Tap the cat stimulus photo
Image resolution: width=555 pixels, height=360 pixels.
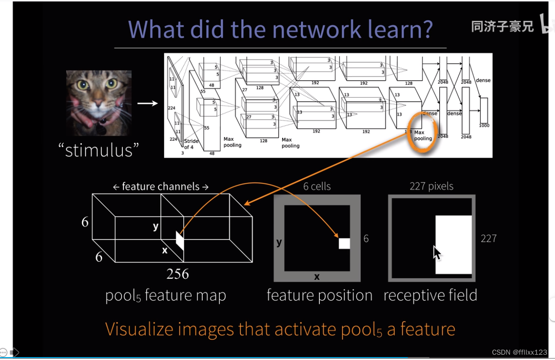tap(99, 103)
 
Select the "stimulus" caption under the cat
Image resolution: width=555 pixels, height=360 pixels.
tap(99, 150)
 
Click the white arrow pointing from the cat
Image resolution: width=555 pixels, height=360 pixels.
tap(147, 103)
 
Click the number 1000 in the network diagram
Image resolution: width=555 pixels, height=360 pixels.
tap(483, 125)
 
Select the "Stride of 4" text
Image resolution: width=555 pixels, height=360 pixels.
tap(191, 143)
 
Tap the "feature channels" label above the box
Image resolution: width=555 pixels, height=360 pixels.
tap(161, 187)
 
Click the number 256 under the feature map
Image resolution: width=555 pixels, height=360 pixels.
tap(178, 274)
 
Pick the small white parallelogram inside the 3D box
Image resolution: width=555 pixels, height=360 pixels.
tap(180, 240)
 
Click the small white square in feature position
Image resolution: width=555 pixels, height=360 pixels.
tap(344, 243)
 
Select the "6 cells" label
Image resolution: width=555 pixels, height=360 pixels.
tap(317, 186)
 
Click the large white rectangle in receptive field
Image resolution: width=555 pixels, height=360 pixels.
tap(454, 244)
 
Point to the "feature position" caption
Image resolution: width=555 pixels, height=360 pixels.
tap(319, 295)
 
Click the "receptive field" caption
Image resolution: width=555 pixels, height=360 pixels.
tap(430, 295)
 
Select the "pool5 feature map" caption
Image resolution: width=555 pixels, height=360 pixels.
tap(165, 296)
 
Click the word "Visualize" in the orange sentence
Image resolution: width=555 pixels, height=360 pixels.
tap(139, 329)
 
